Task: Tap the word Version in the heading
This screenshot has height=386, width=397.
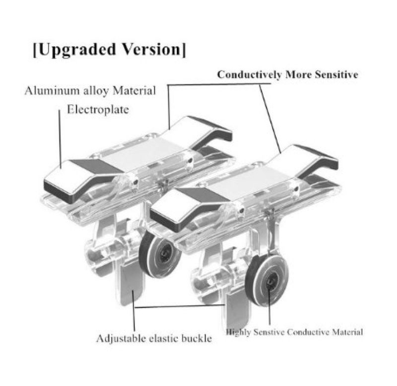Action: click(x=152, y=49)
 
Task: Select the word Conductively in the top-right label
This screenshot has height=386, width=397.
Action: click(x=250, y=75)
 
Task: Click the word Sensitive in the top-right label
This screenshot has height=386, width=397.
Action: click(x=336, y=75)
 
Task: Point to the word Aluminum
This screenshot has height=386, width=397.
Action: click(x=52, y=91)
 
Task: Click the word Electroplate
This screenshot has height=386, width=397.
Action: click(x=98, y=109)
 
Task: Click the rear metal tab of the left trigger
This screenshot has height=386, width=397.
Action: click(x=202, y=132)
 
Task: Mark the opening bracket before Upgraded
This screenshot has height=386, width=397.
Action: click(x=35, y=50)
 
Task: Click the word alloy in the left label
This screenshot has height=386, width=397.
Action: click(x=96, y=91)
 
